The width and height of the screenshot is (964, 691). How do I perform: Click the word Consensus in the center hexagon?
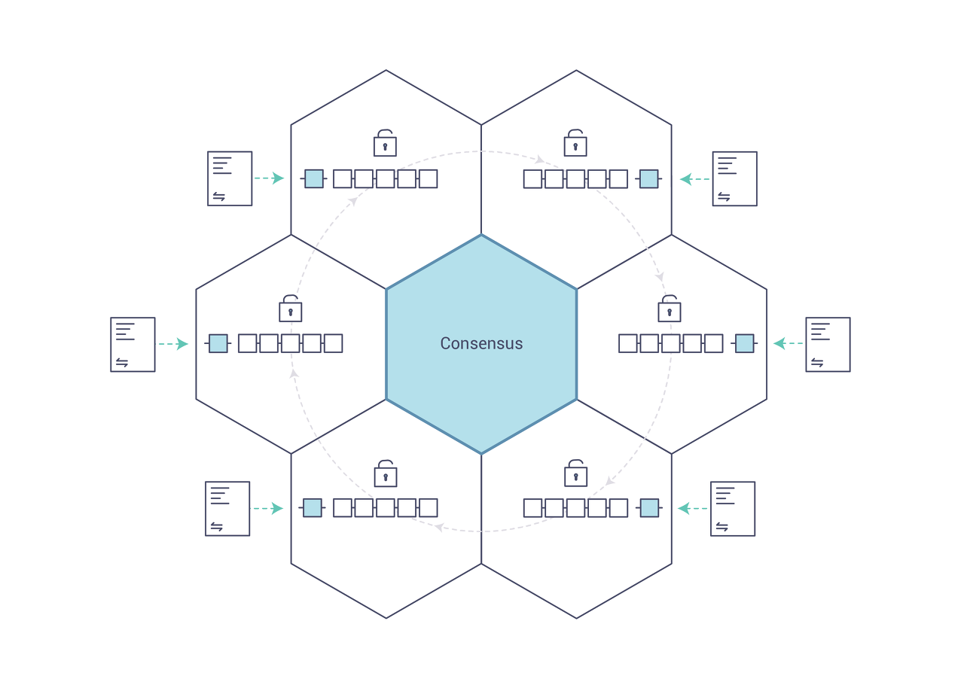point(481,343)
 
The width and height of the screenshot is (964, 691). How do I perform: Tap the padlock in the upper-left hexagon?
point(385,143)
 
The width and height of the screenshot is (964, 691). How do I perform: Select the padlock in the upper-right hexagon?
point(575,143)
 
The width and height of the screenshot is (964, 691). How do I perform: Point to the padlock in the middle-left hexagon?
point(290,309)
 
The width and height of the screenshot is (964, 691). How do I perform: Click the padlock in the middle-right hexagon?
point(670,309)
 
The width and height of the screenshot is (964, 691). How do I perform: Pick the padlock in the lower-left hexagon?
point(385,474)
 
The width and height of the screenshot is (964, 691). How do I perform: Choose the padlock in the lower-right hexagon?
point(575,474)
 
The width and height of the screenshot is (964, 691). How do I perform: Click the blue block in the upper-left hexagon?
point(314,178)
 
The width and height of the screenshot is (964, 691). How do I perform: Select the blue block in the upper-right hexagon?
point(648,178)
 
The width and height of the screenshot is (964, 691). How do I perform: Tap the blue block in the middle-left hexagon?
point(218,343)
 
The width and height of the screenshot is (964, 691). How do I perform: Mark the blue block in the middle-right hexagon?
point(744,343)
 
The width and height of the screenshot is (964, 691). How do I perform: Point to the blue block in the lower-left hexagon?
point(312,507)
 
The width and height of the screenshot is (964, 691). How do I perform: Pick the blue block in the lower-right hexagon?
point(648,507)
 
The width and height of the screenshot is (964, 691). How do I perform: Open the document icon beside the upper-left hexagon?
point(230,178)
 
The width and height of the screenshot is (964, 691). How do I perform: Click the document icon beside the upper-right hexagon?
point(734,178)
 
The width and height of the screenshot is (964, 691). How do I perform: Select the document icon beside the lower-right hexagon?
point(732,509)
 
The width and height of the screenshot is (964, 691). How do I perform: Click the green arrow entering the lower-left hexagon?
point(267,509)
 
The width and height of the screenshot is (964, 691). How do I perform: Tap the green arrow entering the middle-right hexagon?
point(789,344)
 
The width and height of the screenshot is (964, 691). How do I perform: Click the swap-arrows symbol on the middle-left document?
point(122,363)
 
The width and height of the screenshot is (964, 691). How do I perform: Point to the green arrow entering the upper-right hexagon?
point(694,179)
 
